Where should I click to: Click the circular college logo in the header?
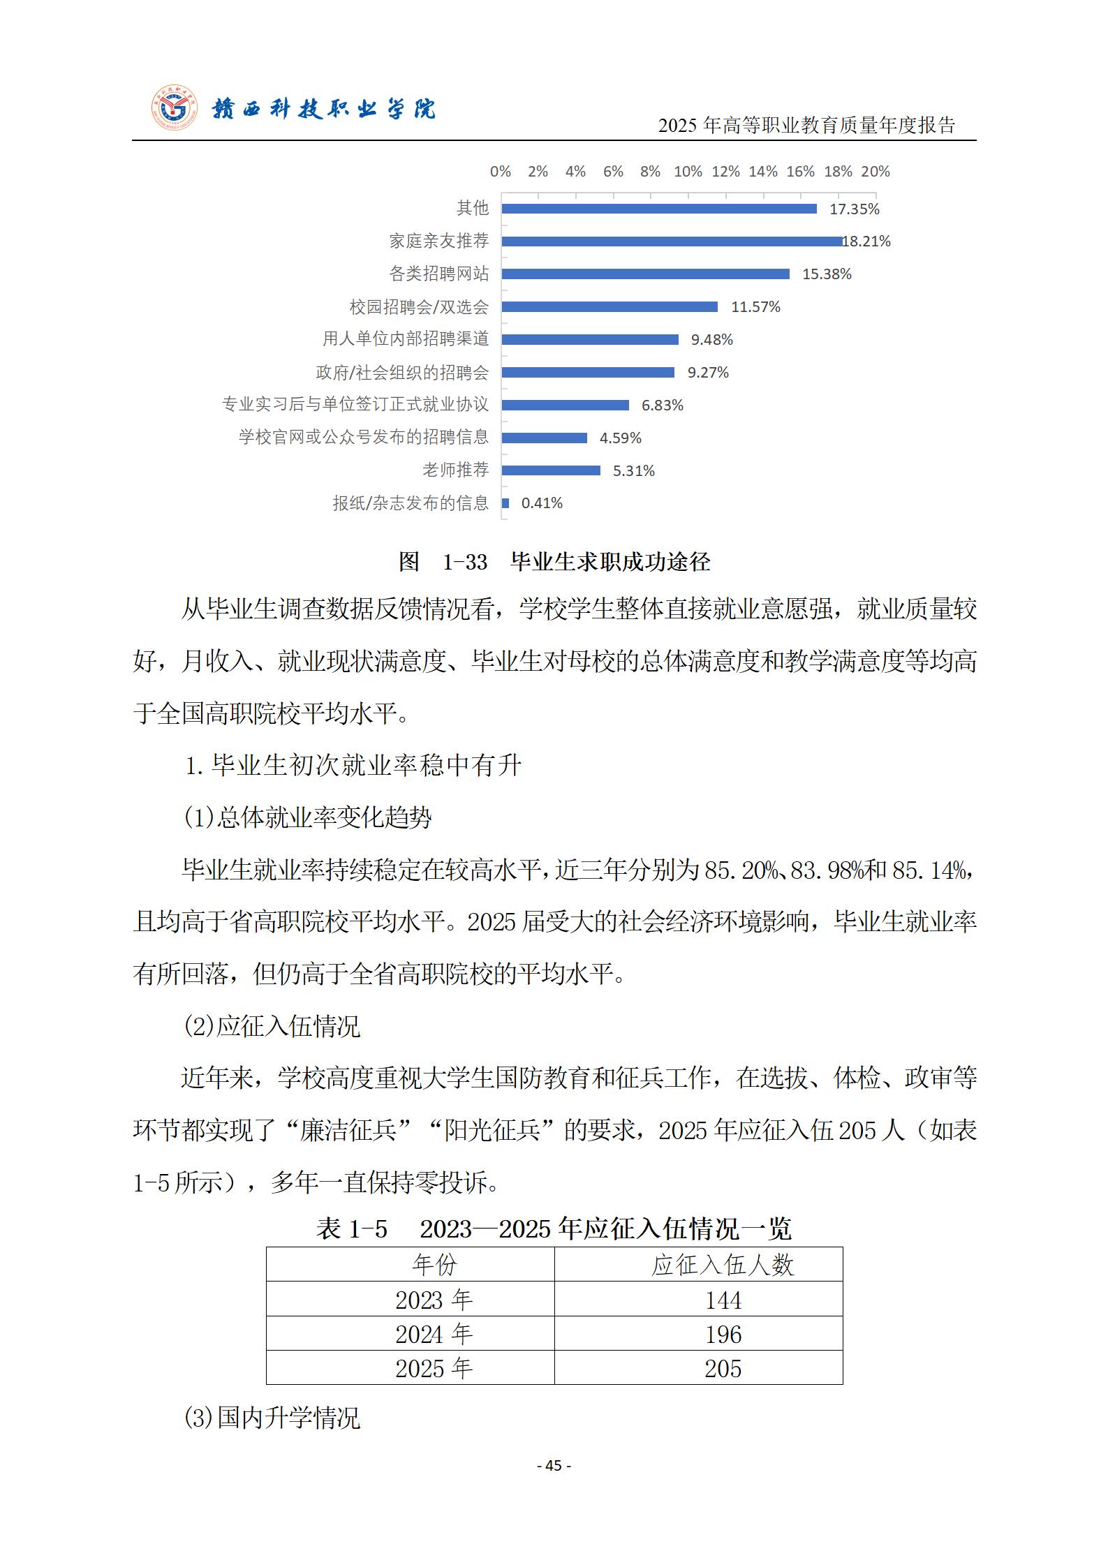point(175,110)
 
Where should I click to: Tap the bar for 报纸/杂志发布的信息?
point(505,503)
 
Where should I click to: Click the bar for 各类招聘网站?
point(645,274)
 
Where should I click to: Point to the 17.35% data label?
point(854,209)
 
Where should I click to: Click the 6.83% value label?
point(662,406)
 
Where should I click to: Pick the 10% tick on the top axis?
point(688,172)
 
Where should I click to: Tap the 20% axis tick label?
point(875,172)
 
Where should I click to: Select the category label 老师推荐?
point(455,470)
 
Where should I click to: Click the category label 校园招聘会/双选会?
point(419,307)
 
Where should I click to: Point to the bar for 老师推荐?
point(551,470)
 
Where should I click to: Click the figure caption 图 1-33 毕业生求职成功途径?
point(554,562)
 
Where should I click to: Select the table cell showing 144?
point(723,1300)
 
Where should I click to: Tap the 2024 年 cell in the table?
point(434,1335)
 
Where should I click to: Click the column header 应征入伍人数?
point(723,1265)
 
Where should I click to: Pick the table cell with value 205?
point(723,1369)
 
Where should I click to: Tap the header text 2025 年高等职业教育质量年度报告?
point(806,126)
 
